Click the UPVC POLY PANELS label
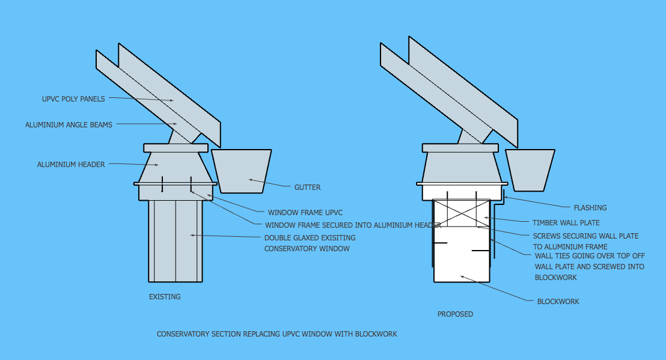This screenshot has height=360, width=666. [x=73, y=99]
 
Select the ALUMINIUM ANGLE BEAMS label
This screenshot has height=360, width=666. [x=69, y=125]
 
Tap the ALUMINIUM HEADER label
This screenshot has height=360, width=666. [x=71, y=164]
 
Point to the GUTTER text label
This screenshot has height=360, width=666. [x=308, y=188]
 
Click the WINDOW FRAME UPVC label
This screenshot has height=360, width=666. [x=305, y=212]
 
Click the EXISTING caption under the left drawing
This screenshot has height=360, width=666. [x=165, y=297]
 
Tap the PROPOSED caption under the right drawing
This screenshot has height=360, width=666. [x=456, y=314]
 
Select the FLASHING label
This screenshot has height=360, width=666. [x=590, y=207]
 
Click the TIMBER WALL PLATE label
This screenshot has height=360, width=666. [x=566, y=222]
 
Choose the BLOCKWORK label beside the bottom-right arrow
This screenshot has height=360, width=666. [x=558, y=302]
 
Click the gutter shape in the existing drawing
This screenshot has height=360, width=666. [x=241, y=171]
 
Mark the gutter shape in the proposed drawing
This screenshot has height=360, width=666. [x=530, y=170]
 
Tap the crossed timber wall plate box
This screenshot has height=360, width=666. [x=462, y=213]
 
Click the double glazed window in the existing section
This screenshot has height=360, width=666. [x=176, y=241]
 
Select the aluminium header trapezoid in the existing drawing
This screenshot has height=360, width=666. [x=176, y=168]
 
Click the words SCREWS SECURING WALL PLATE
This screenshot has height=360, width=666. [x=585, y=236]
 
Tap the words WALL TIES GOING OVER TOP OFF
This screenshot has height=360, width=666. [x=590, y=256]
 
